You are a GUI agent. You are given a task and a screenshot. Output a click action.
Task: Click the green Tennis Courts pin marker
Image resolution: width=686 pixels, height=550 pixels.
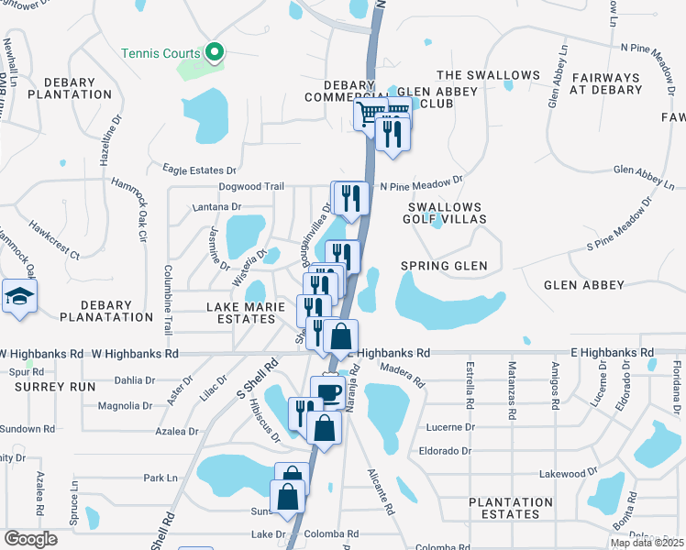click(214, 52)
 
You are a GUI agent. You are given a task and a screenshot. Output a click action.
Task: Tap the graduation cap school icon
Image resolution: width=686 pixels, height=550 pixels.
click(17, 297)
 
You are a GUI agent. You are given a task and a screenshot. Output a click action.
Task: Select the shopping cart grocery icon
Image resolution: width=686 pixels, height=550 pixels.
click(371, 115)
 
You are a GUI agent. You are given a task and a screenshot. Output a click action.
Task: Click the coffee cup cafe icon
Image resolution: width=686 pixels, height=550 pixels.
click(328, 392)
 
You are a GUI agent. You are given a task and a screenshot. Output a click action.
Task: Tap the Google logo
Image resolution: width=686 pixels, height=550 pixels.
click(30, 539)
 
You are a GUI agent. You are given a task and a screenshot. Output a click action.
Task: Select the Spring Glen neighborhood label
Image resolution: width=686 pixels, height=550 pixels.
click(444, 266)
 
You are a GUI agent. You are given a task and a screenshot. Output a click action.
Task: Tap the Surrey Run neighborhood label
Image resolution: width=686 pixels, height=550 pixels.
click(55, 387)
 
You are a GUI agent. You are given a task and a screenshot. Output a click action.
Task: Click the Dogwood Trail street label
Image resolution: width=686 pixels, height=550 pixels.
click(250, 186)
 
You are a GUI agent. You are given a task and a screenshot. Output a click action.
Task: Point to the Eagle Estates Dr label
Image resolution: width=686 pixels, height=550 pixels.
click(200, 170)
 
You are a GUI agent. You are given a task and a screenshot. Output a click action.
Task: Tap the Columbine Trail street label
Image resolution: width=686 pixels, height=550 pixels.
click(169, 291)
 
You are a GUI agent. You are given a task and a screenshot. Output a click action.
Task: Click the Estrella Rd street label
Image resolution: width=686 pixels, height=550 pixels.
click(469, 388)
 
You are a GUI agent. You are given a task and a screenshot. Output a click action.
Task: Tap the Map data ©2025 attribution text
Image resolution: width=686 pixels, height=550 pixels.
click(647, 543)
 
